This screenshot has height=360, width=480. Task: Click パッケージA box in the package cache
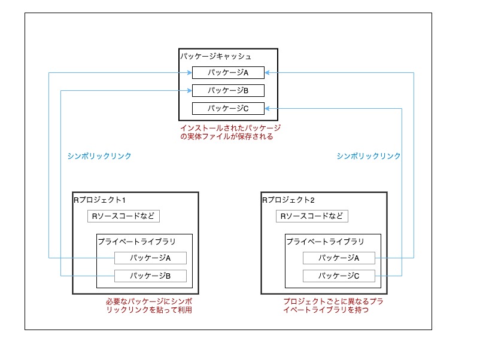pyautogui.click(x=227, y=73)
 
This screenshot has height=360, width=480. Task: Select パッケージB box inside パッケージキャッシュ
pyautogui.click(x=227, y=91)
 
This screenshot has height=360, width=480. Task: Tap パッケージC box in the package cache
pyautogui.click(x=227, y=109)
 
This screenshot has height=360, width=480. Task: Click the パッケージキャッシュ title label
pyautogui.click(x=215, y=56)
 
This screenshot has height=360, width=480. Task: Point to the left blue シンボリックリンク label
pyautogui.click(x=99, y=156)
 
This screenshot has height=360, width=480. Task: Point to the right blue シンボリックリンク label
pyautogui.click(x=369, y=156)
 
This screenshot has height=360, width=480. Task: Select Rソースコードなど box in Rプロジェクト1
pyautogui.click(x=124, y=216)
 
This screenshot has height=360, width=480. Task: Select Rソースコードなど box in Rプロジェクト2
pyautogui.click(x=312, y=216)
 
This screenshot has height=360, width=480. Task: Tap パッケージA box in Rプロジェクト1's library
pyautogui.click(x=151, y=258)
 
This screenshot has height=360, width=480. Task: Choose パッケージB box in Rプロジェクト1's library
pyautogui.click(x=151, y=276)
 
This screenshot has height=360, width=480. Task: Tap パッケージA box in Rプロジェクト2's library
pyautogui.click(x=339, y=258)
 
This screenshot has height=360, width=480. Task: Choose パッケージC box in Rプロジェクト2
pyautogui.click(x=339, y=276)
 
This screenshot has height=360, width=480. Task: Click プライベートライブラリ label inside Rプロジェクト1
pyautogui.click(x=136, y=242)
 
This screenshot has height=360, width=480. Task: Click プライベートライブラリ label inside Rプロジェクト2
pyautogui.click(x=325, y=242)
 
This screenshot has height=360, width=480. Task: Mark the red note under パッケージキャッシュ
pyautogui.click(x=230, y=132)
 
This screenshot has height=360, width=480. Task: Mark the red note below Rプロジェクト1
pyautogui.click(x=149, y=306)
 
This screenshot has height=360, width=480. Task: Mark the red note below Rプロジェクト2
pyautogui.click(x=333, y=306)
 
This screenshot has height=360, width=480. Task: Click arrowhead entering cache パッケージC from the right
pyautogui.click(x=267, y=109)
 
